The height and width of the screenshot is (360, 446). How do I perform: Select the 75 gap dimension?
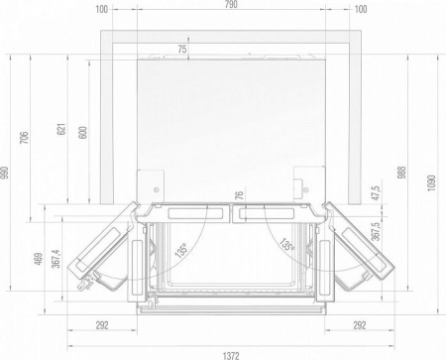(182, 49)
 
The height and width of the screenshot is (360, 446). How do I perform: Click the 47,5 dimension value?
(375, 192)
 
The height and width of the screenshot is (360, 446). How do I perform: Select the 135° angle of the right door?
(284, 243)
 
